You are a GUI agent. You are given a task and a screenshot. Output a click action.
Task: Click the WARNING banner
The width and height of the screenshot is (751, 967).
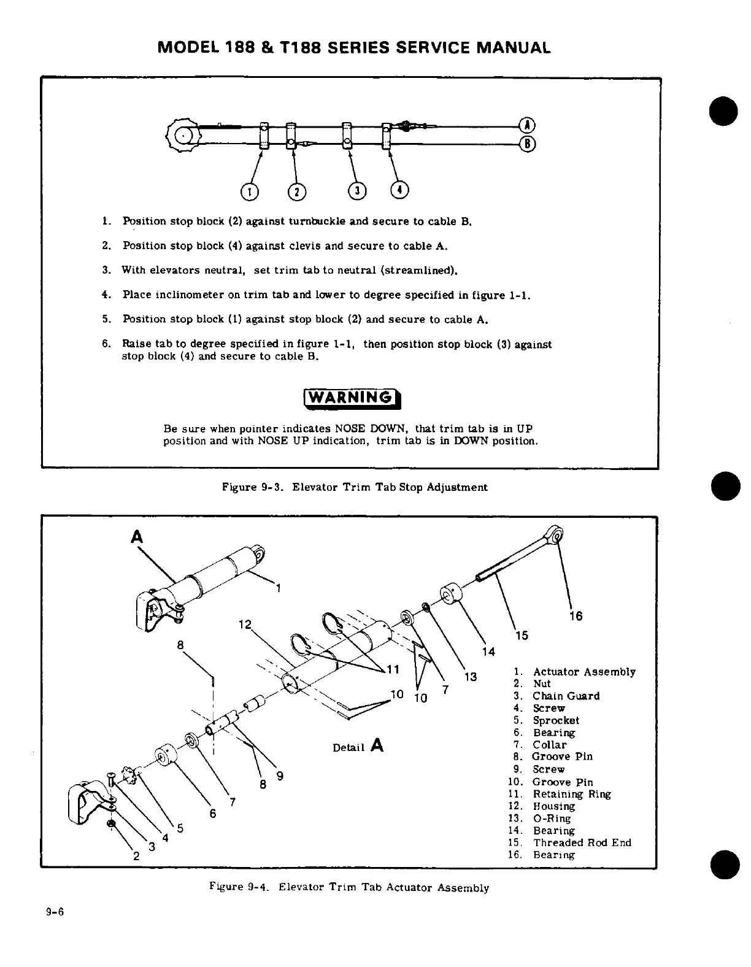[x=352, y=398]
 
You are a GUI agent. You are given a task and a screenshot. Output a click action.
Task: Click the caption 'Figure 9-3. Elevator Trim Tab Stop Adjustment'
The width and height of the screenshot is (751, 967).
[x=355, y=487]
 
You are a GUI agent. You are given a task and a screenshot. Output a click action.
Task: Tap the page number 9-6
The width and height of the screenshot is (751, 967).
[x=55, y=912]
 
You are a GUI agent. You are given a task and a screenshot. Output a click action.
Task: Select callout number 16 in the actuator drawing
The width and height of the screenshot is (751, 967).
[x=576, y=616]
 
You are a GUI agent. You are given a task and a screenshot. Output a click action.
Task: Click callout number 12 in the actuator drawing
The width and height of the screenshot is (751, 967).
[x=245, y=625]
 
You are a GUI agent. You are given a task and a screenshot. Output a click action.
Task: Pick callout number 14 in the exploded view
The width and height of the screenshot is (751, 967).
[x=488, y=652]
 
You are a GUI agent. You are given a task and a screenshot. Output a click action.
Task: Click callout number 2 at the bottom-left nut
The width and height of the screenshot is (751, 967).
[x=136, y=857]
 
